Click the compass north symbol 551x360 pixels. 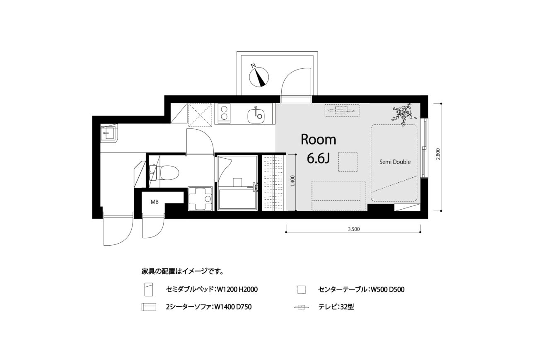coord(259,77)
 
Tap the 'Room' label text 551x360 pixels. coord(318,140)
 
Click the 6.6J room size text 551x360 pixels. coord(318,158)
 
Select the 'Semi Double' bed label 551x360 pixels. coord(395,162)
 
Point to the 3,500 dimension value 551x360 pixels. coord(354,229)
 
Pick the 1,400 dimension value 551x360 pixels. coord(292,181)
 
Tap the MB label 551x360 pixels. coord(155,202)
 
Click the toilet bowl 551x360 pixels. coord(167,172)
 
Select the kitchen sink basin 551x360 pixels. coord(256,116)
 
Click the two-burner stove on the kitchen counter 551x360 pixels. coord(224,113)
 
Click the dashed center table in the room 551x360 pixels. coord(348,162)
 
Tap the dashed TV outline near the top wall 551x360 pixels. coord(342,111)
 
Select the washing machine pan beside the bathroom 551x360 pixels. coord(200,199)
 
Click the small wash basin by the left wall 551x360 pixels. coord(109,133)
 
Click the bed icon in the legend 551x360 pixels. coord(149,290)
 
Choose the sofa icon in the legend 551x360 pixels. coord(149,307)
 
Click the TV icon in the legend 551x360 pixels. coord(301,307)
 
